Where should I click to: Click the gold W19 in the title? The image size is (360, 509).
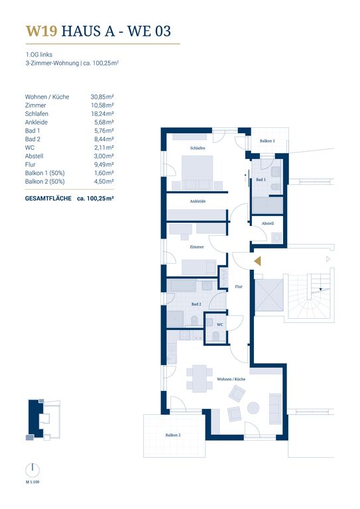pyautogui.click(x=42, y=31)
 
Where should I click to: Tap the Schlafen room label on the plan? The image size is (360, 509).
pyautogui.click(x=198, y=148)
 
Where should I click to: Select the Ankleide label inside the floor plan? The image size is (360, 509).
pyautogui.click(x=198, y=201)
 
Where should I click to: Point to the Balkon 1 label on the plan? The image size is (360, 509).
pyautogui.click(x=267, y=141)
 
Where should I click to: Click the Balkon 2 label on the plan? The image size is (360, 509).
pyautogui.click(x=172, y=435)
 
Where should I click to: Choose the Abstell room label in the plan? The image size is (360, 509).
pyautogui.click(x=268, y=223)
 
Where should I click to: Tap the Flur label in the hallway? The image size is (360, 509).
pyautogui.click(x=239, y=286)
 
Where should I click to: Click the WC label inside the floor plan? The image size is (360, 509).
pyautogui.click(x=219, y=325)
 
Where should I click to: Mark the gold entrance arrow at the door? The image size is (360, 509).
pyautogui.click(x=257, y=261)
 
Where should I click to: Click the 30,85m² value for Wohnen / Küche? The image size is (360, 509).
pyautogui.click(x=102, y=97)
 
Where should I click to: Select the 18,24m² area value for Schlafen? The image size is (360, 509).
pyautogui.click(x=102, y=113)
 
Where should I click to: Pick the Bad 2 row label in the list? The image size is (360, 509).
pyautogui.click(x=32, y=139)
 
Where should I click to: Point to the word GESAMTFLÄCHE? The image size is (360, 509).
pyautogui.click(x=48, y=198)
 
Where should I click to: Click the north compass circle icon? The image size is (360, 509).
pyautogui.click(x=32, y=471)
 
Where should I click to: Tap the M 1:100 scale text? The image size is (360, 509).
pyautogui.click(x=32, y=482)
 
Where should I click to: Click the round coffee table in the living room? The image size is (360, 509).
pyautogui.click(x=253, y=408)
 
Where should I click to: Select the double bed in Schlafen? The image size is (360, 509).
pyautogui.click(x=197, y=172)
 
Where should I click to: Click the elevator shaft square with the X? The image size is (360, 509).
pyautogui.click(x=269, y=295)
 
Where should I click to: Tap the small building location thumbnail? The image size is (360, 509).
pyautogui.click(x=44, y=420)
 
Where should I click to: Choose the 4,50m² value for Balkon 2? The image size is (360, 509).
pyautogui.click(x=104, y=182)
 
